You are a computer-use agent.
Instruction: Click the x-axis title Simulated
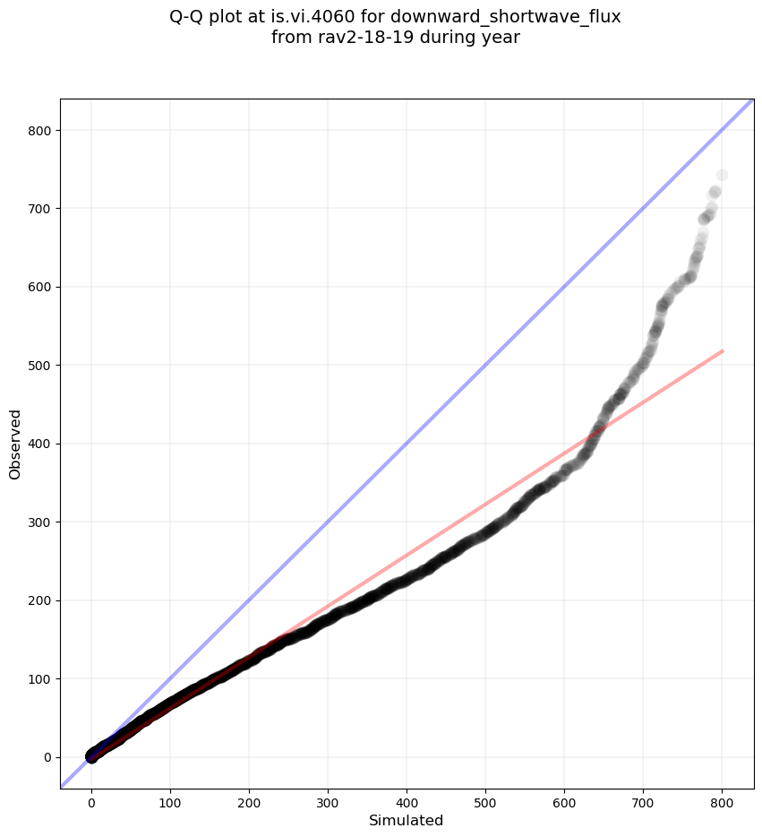(x=407, y=820)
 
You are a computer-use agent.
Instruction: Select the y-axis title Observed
(x=15, y=444)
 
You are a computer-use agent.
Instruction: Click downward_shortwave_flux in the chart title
(x=505, y=17)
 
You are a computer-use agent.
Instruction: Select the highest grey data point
(x=722, y=175)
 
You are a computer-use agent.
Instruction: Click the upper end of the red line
(x=722, y=350)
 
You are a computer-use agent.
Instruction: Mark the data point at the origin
(x=91, y=756)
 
